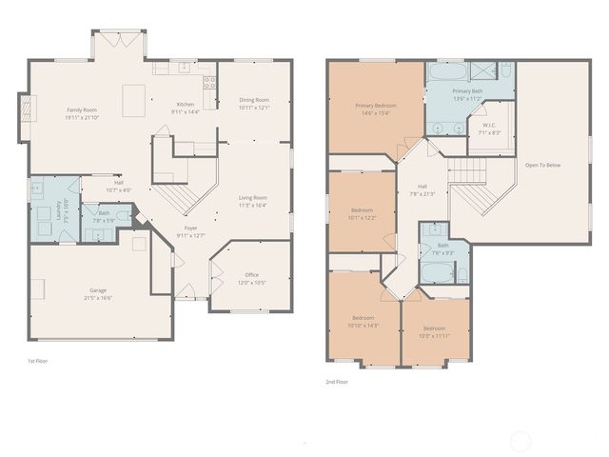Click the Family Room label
[82, 110]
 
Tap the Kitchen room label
[186, 105]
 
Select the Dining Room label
[253, 100]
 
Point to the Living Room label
[252, 198]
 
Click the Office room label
[251, 276]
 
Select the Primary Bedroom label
[375, 106]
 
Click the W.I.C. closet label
[489, 126]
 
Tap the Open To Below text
[542, 165]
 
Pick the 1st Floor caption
[39, 361]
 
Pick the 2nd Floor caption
[337, 381]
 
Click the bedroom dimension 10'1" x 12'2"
[363, 216]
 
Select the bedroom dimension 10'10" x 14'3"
[363, 325]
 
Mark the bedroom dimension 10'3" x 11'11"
[434, 335]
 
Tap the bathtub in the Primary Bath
[445, 71]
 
